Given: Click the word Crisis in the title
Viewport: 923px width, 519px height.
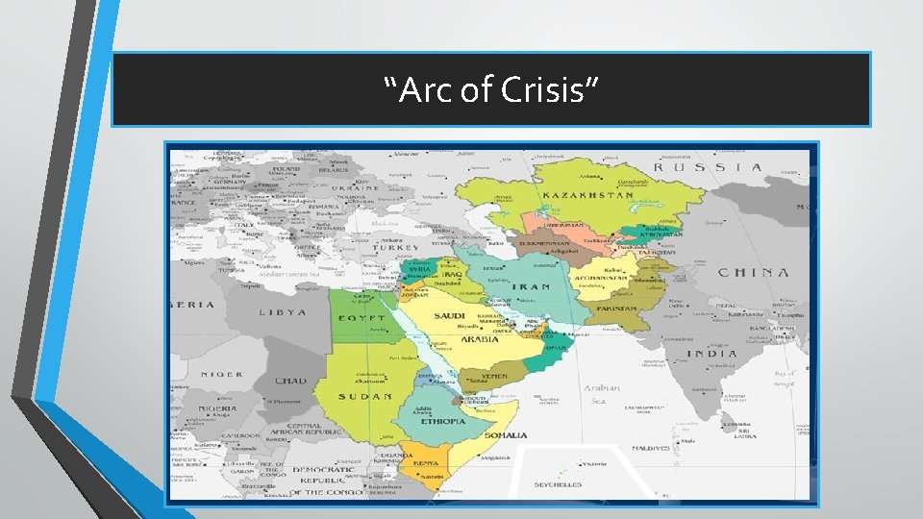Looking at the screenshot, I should pos(552,91).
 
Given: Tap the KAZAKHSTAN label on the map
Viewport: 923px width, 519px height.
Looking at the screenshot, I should pos(587,195).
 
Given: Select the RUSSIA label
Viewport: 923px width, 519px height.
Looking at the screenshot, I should pos(709,167).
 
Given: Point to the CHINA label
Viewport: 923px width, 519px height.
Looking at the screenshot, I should pos(754,272).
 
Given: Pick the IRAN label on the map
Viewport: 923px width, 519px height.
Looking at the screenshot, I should pos(530,286).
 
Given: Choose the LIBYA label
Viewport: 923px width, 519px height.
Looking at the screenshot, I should pos(283,312).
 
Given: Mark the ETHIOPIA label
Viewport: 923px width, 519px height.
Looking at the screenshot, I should pos(443,421).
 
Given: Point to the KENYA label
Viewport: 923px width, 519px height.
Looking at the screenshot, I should pos(426,463).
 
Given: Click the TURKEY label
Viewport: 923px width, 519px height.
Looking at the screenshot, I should pos(398,247).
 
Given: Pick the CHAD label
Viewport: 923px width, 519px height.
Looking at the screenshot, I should pos(290,381).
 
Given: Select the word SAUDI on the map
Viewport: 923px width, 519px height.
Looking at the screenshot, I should pos(450,316).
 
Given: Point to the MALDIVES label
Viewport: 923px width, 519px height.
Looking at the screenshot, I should pos(651,449).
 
